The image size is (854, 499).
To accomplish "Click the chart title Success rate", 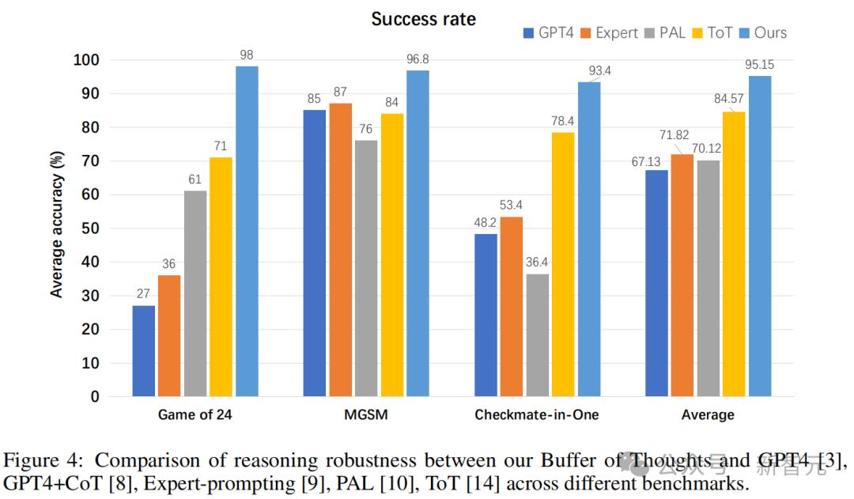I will [x=423, y=18].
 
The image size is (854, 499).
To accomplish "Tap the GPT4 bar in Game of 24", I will [x=144, y=350].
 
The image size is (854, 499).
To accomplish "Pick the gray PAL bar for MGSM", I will [x=366, y=268].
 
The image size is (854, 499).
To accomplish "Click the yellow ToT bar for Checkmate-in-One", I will [x=563, y=264].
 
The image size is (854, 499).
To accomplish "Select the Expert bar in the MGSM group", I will [x=341, y=250].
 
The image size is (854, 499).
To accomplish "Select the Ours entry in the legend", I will [x=763, y=32].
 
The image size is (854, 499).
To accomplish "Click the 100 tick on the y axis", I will [x=86, y=60].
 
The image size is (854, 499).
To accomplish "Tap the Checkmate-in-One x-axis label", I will [x=536, y=414].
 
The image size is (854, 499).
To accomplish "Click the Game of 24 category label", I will [x=195, y=414].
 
